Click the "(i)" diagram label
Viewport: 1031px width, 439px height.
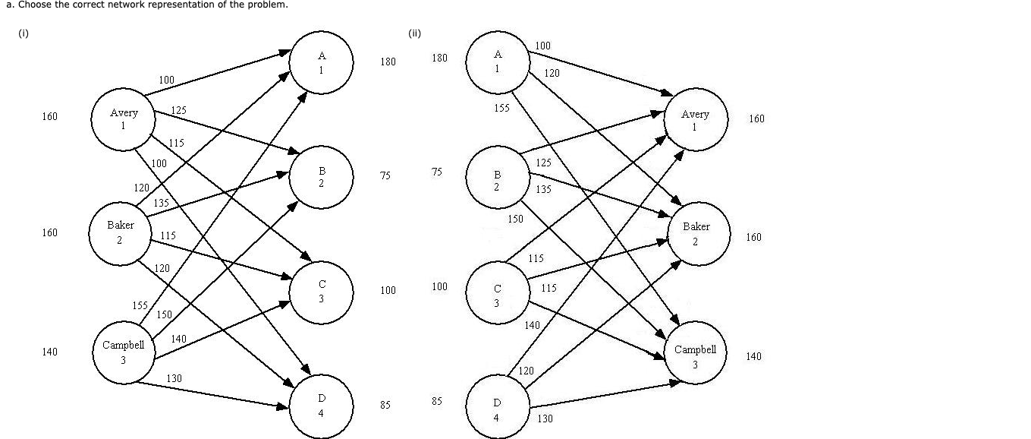(23, 33)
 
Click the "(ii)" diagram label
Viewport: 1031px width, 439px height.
(414, 33)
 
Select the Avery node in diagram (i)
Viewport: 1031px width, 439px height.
(124, 119)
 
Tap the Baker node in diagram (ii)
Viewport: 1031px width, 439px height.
(696, 233)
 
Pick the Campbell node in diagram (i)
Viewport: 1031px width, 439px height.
(123, 352)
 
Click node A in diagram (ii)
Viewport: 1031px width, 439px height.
(498, 61)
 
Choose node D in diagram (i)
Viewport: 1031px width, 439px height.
(321, 406)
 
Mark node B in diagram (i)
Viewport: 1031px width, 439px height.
(321, 177)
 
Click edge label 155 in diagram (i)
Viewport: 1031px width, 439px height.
(140, 305)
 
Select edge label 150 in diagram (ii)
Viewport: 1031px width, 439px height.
(515, 219)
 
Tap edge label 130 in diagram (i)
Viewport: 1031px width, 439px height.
(174, 378)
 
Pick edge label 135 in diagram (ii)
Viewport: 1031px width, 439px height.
(543, 189)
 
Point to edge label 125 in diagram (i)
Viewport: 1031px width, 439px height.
(178, 111)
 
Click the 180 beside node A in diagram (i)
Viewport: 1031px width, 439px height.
(388, 62)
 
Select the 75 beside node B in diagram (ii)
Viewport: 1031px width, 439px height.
(436, 172)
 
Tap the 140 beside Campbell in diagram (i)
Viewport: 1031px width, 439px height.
(49, 352)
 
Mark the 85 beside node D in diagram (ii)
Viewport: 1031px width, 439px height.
(436, 401)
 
